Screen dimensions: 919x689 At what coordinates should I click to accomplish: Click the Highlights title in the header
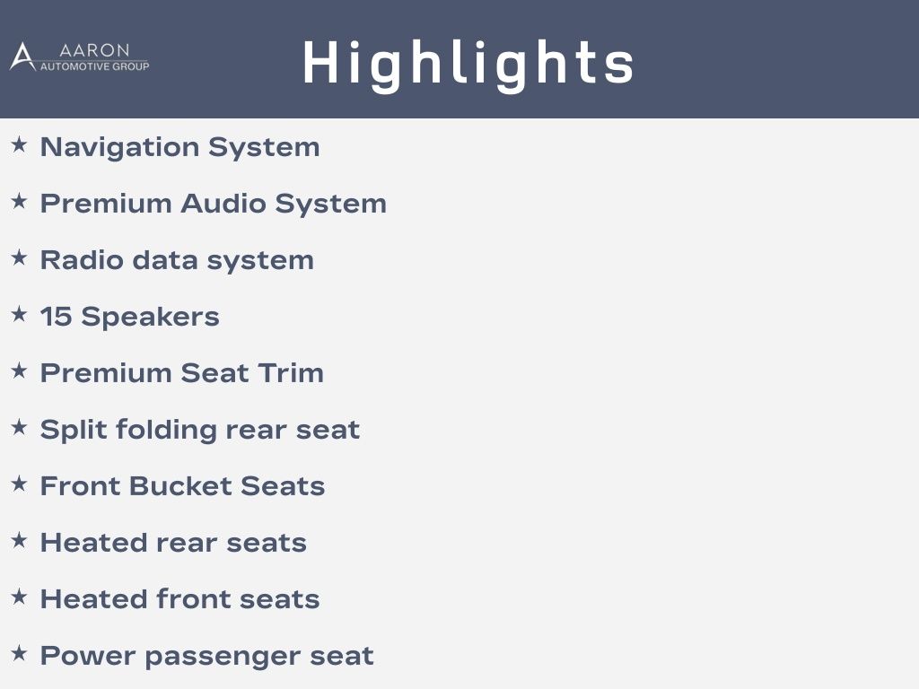[468, 64]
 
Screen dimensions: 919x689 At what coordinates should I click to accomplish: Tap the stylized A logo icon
[22, 57]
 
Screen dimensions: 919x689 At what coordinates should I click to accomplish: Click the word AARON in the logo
[94, 50]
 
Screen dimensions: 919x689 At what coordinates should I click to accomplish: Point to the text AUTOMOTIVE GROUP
[94, 66]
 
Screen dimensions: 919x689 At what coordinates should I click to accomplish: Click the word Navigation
[119, 147]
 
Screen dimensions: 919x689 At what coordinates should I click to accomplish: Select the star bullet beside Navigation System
[20, 144]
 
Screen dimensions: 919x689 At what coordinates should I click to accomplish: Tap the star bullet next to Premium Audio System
[20, 201]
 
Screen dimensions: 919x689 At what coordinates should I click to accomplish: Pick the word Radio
[82, 259]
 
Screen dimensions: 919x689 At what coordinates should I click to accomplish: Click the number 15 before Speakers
[56, 317]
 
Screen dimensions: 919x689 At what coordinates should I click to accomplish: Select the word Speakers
[150, 317]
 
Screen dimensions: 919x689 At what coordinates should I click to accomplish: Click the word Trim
[291, 372]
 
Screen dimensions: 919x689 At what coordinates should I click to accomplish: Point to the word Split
[74, 430]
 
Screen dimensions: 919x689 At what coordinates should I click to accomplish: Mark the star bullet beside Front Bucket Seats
[20, 484]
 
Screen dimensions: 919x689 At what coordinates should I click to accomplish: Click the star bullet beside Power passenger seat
[20, 653]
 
